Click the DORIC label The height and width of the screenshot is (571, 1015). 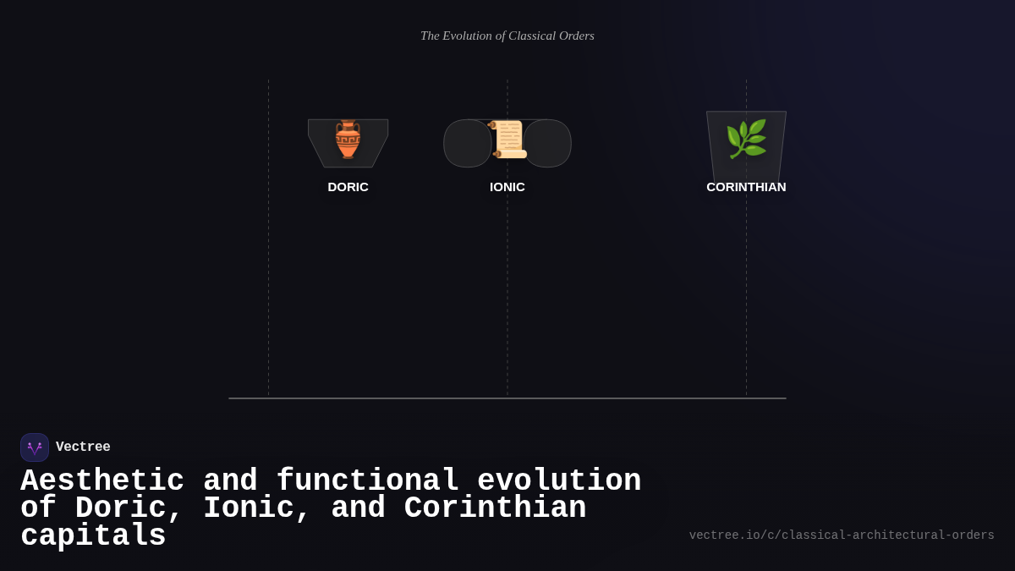(x=348, y=187)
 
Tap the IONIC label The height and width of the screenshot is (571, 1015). (x=507, y=187)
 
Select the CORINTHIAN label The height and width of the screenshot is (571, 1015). (x=746, y=187)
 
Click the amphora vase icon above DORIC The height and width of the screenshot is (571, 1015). (x=348, y=140)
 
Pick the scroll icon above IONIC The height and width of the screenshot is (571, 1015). (x=508, y=140)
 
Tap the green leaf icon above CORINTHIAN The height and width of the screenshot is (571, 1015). (x=746, y=139)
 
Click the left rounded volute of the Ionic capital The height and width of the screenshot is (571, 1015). (x=466, y=144)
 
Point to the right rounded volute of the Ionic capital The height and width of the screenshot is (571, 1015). (x=549, y=144)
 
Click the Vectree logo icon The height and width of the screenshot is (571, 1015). (x=35, y=447)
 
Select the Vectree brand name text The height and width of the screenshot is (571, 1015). (x=83, y=447)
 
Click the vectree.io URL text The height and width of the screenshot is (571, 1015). (x=842, y=535)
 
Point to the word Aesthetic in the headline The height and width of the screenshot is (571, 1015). (x=102, y=481)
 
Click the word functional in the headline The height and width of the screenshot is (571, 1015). (x=368, y=481)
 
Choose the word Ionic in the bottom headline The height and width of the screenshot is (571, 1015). (x=257, y=508)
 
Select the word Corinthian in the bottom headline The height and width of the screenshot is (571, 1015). (x=495, y=508)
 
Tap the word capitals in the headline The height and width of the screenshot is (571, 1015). (x=93, y=536)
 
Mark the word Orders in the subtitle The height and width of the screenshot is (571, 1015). (x=578, y=36)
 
